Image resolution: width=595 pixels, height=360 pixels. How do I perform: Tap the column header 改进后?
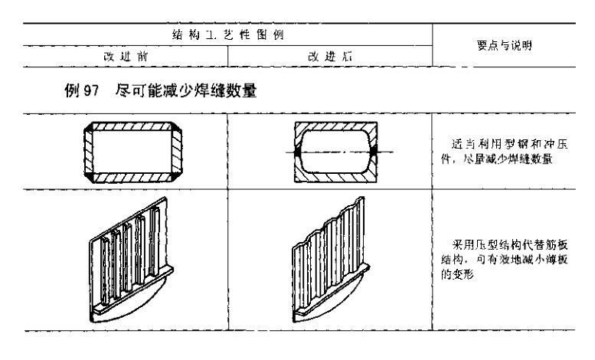point(330,56)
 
